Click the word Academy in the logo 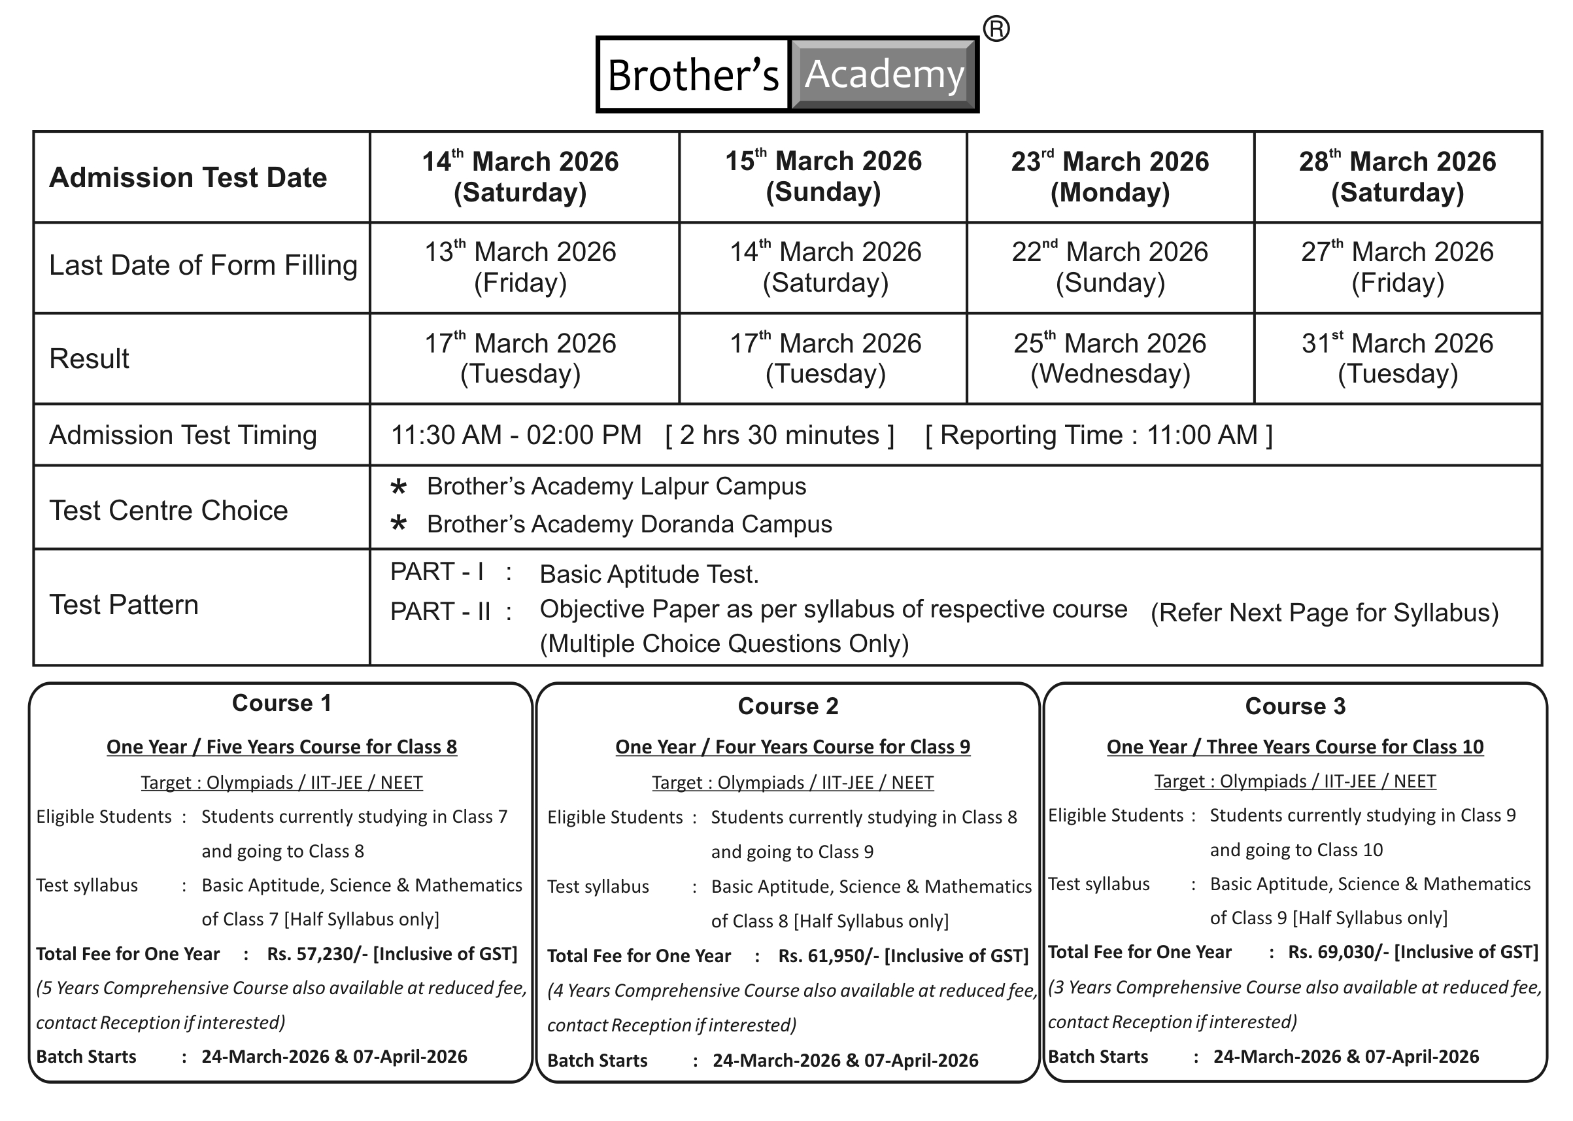tap(884, 75)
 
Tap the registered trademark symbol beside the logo tap(996, 29)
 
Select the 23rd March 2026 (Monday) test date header tap(1109, 177)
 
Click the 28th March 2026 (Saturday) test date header tap(1397, 177)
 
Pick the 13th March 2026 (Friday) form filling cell tap(520, 267)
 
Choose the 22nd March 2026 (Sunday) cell tap(1109, 267)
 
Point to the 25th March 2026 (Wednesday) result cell tap(1109, 358)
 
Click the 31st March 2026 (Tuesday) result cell tap(1397, 358)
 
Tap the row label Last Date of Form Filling tap(203, 266)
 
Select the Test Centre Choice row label tap(168, 511)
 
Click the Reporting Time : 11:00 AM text tap(1098, 436)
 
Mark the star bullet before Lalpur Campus tap(399, 487)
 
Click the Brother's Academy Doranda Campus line tap(628, 525)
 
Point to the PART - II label tap(440, 612)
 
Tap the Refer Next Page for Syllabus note tap(1324, 613)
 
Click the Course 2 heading tap(788, 706)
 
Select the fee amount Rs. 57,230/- tap(317, 954)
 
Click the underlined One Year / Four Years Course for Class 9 tap(792, 747)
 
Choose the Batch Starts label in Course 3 tap(1098, 1057)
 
